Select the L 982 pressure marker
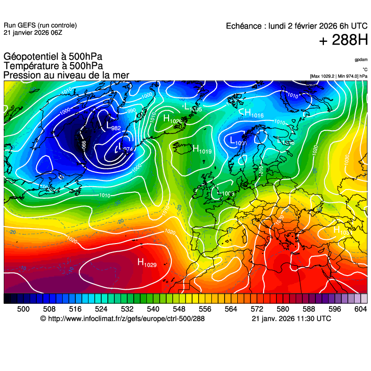coord(113,126)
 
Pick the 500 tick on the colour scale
coord(23,308)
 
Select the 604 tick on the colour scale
coord(360,308)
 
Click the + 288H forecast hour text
coord(343,40)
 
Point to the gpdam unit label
coord(361,60)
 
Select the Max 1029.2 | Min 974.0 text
coord(339,76)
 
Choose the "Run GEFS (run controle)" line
coord(40,25)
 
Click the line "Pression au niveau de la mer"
coord(66,75)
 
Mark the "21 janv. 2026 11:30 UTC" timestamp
coord(291,319)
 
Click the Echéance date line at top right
coord(297,26)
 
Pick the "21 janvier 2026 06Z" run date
coord(32,32)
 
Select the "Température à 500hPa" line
coord(53,66)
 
